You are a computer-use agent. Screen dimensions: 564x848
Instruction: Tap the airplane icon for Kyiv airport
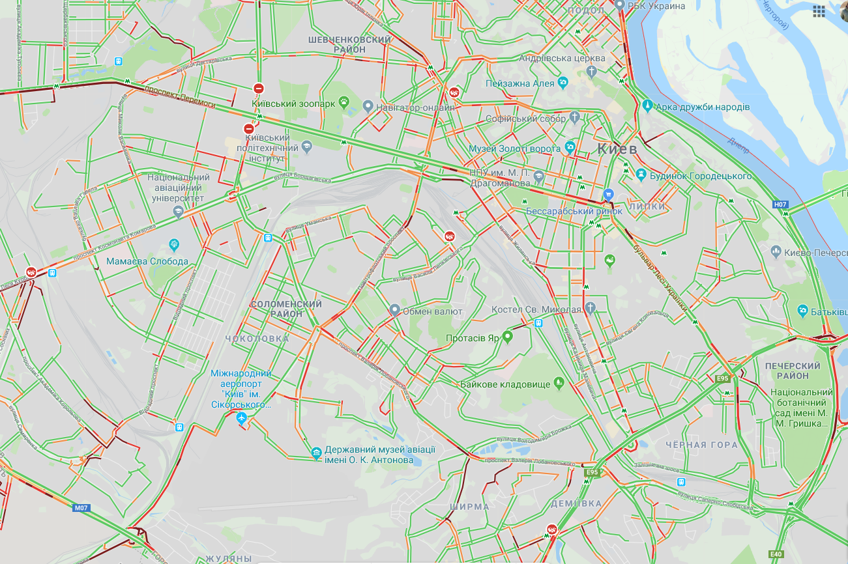click(x=241, y=417)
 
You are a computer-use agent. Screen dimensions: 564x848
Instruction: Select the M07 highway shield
click(x=81, y=508)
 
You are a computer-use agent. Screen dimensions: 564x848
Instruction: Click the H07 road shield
click(x=781, y=204)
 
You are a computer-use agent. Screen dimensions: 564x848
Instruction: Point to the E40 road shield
click(x=776, y=554)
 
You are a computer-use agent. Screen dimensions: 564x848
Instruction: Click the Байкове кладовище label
click(x=505, y=384)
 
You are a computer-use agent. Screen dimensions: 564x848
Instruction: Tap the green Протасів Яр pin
click(x=508, y=336)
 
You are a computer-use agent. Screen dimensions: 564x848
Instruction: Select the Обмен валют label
click(x=433, y=311)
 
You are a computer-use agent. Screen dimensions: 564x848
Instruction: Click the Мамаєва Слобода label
click(x=147, y=262)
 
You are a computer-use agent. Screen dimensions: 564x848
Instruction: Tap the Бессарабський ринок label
click(x=574, y=211)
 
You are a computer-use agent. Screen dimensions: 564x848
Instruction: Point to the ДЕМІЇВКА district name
click(x=576, y=503)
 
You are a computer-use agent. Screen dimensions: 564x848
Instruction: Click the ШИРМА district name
click(x=469, y=507)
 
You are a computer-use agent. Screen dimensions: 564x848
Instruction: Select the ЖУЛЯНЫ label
click(x=229, y=559)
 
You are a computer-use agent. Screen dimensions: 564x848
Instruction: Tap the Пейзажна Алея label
click(x=520, y=83)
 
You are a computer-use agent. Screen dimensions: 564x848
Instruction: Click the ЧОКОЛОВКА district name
click(x=256, y=339)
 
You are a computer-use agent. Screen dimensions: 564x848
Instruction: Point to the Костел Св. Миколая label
click(x=536, y=309)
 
